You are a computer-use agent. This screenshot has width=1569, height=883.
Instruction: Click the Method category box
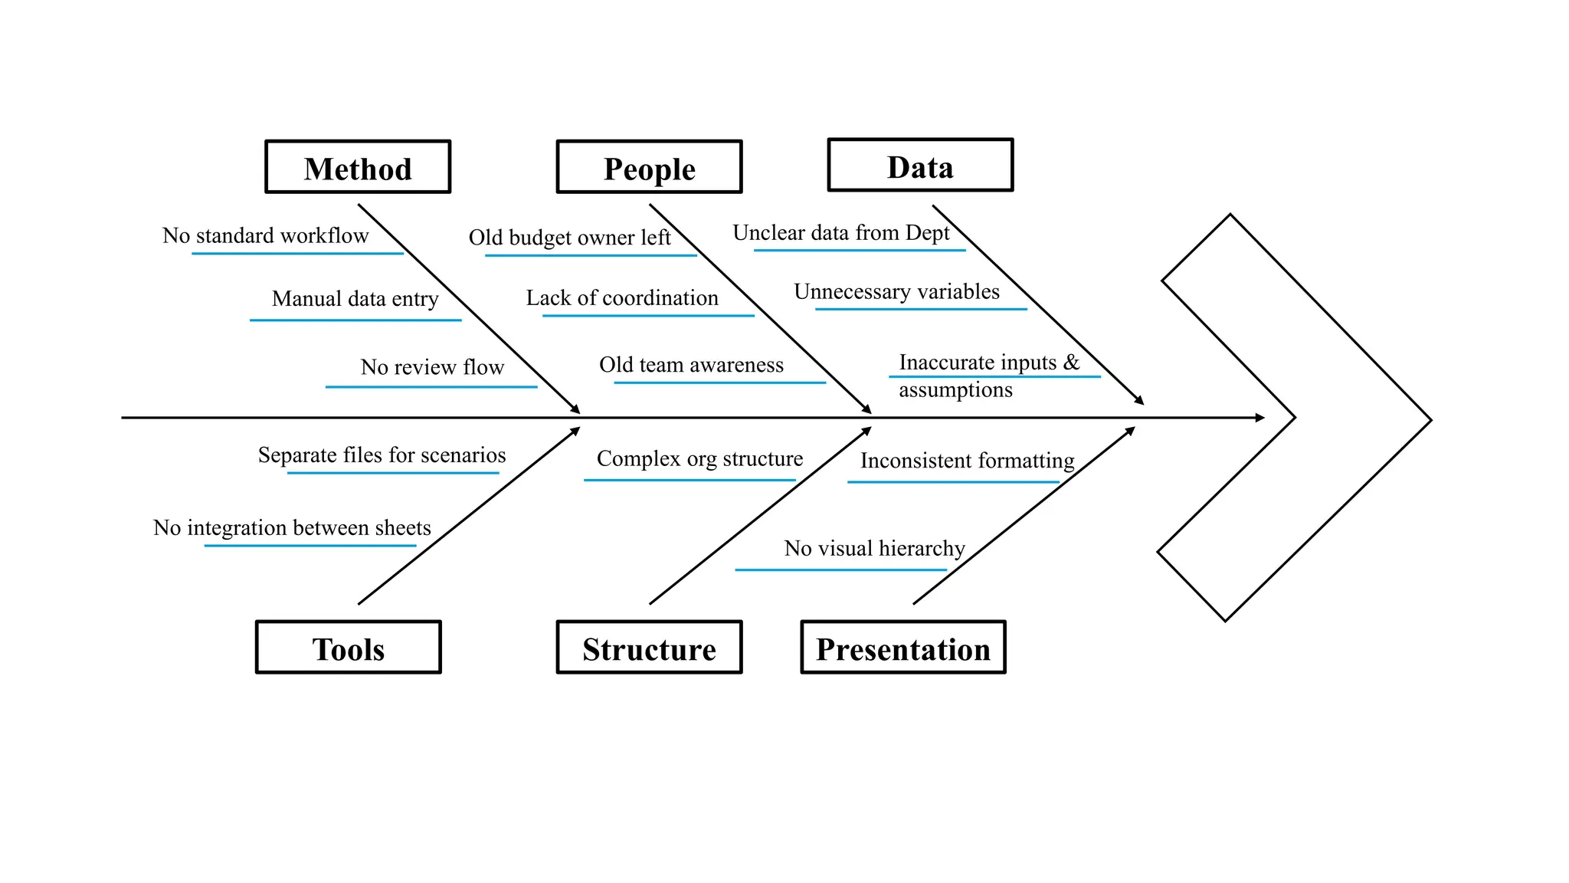358,167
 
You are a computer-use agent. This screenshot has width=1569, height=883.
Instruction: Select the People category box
649,167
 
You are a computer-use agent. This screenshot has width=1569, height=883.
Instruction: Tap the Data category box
920,166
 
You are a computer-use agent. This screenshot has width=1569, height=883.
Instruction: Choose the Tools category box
348,648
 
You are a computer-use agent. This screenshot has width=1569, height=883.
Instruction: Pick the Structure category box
649,648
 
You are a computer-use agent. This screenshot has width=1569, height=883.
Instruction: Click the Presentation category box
902,648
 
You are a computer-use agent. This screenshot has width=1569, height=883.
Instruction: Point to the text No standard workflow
265,235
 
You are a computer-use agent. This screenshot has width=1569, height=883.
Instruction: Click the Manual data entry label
355,298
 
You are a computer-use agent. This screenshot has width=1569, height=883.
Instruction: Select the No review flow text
432,367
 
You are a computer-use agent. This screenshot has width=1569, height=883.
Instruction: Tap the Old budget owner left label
569,238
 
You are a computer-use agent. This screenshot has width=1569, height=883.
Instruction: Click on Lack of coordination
622,298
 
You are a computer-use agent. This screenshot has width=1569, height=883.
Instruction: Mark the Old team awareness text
691,365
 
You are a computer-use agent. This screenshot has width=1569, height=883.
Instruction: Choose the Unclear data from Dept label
840,233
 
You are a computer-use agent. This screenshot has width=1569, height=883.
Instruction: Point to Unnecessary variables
896,292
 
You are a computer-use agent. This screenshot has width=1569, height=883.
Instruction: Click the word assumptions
955,390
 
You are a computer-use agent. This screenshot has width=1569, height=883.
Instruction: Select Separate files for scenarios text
382,455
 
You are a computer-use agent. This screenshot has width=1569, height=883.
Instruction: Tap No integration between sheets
292,528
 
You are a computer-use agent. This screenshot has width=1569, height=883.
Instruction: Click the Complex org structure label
699,459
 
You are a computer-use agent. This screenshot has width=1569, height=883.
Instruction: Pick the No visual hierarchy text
874,549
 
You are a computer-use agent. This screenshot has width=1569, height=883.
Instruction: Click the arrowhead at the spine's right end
1259,418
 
